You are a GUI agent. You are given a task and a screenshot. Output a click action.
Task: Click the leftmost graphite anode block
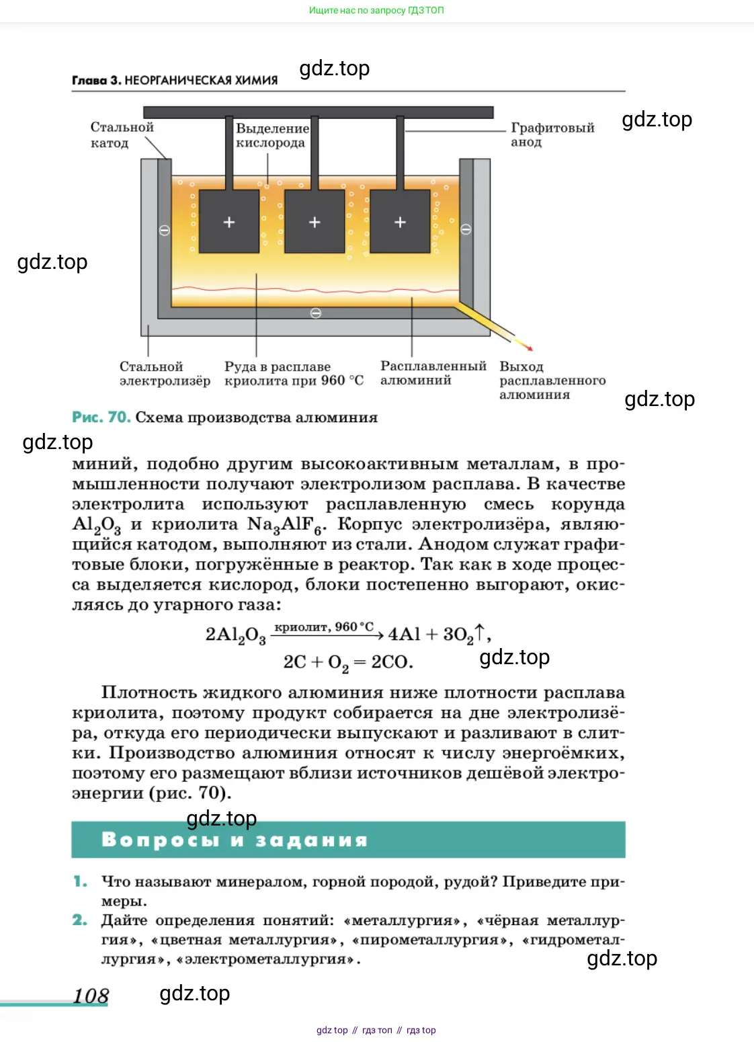click(x=229, y=221)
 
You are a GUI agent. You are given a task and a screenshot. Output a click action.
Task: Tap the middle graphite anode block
click(x=315, y=221)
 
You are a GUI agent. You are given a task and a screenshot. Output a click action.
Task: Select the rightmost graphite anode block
click(x=400, y=221)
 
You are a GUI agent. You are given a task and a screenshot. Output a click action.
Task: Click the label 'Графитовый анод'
click(x=552, y=134)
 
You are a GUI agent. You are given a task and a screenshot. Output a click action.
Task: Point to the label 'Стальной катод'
click(x=122, y=134)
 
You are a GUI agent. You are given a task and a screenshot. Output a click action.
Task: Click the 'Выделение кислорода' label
click(x=271, y=135)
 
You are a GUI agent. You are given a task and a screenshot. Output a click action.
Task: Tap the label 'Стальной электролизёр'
click(x=165, y=374)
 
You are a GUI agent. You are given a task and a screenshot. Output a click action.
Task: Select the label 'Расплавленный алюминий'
click(x=433, y=373)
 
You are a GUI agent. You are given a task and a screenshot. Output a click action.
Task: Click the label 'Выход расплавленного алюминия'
click(x=552, y=380)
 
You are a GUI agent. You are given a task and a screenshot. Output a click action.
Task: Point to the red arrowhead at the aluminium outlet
click(x=530, y=348)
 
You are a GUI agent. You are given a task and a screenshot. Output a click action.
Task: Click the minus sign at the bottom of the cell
click(x=316, y=313)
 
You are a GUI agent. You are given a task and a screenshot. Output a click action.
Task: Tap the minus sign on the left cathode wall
click(x=164, y=231)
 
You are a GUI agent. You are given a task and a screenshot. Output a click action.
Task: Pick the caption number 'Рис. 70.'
click(x=101, y=417)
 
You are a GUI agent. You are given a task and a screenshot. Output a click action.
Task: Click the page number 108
click(x=91, y=996)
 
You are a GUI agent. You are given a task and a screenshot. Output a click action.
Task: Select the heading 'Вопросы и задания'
click(x=235, y=840)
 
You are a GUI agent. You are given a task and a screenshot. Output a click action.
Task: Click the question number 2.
click(x=80, y=920)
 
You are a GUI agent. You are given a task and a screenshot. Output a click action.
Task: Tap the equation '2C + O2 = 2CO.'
click(x=347, y=663)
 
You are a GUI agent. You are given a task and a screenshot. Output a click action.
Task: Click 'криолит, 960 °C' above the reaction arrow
click(x=324, y=627)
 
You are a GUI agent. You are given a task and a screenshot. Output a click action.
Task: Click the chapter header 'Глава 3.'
click(x=97, y=80)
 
